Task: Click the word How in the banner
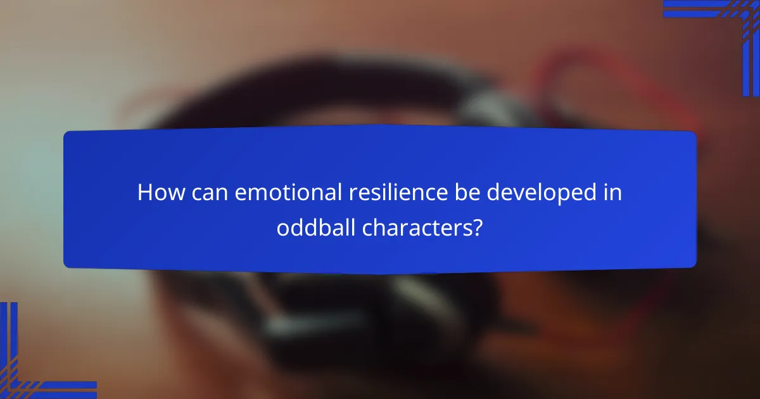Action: tap(158, 193)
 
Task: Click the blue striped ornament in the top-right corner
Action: tap(728, 25)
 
